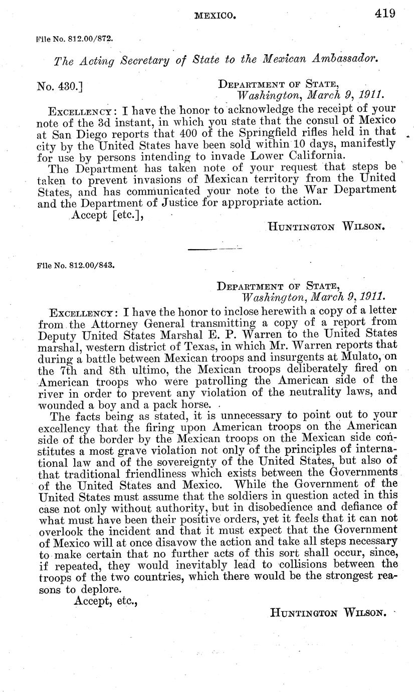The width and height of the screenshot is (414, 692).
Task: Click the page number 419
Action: point(385,13)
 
